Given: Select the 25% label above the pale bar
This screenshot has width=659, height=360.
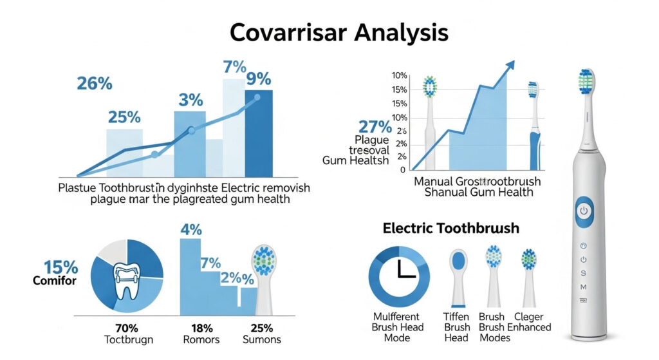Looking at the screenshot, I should [x=124, y=117].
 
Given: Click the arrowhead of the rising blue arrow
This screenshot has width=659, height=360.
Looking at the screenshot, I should [x=510, y=65].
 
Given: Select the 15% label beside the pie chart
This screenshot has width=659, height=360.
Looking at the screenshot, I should [x=60, y=267].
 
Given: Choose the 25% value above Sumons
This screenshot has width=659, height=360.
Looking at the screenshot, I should [x=261, y=327].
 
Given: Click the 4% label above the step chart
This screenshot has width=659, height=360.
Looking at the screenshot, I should [x=191, y=229].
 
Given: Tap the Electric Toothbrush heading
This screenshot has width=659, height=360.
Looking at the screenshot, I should [x=450, y=228].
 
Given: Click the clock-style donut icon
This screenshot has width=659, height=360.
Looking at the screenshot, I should [x=399, y=273].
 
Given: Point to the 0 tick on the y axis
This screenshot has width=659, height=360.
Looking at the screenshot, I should [x=403, y=170].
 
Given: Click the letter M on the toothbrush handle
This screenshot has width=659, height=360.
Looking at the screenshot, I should [x=584, y=286].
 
